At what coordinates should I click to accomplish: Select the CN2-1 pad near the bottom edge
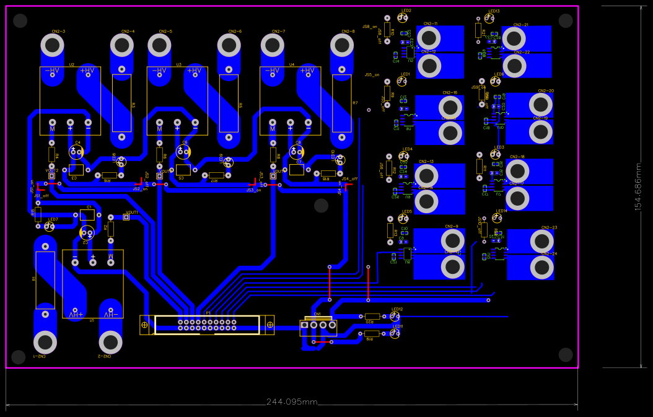pos(45,341)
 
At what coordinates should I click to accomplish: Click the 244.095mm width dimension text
pos(292,402)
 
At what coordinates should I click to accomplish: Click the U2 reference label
pos(71,64)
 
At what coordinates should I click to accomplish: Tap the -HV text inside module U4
pos(272,71)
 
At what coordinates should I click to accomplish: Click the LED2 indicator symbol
pos(402,19)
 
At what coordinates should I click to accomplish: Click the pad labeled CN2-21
pos(514,39)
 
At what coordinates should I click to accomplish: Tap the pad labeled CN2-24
pos(542,267)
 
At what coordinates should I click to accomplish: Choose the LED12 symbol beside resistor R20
pos(395,317)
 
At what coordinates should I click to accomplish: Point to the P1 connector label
pos(208,314)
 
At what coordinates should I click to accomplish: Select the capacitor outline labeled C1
pos(87,215)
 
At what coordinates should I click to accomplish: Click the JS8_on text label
pos(370,27)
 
